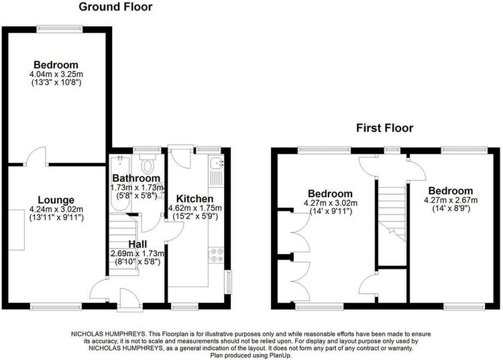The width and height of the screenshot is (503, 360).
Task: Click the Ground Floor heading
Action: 115,7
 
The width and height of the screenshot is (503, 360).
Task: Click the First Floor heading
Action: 385,128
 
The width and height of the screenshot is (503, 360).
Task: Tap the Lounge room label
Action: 56,200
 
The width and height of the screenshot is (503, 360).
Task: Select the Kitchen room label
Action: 194,198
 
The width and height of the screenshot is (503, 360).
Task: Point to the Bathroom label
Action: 136,178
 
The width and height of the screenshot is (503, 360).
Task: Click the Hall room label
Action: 137,244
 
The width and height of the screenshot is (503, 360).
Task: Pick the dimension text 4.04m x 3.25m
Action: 56,74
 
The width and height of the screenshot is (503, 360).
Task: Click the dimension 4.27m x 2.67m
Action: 451,200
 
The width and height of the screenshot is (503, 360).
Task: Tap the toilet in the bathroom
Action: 148,164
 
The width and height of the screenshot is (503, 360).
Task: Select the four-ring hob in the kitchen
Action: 216,255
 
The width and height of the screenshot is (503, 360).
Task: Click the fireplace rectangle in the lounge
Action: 17,230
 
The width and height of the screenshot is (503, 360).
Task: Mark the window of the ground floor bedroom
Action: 59,29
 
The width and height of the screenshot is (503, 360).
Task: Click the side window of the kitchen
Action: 229,282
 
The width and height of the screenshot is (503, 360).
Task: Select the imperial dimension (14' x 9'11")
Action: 331,212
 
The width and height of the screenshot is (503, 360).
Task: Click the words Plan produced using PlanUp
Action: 251,355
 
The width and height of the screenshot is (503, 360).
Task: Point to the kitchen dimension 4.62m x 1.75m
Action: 195,208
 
